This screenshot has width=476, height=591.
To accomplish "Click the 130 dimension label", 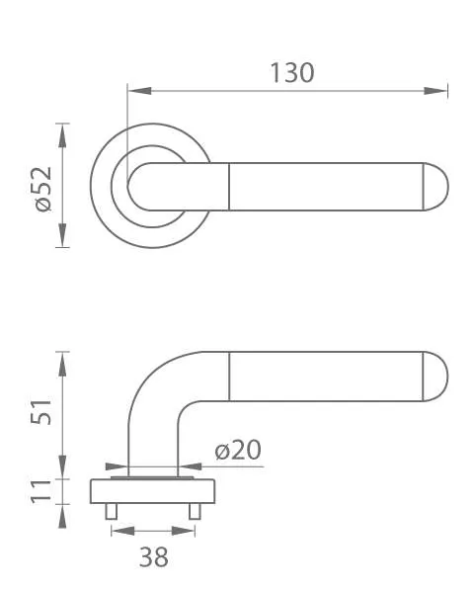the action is tap(292, 73).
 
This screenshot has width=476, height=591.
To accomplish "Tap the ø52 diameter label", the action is tap(42, 189).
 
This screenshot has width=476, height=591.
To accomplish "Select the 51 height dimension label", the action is tap(41, 411).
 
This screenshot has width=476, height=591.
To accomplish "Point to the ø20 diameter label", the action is tap(238, 450).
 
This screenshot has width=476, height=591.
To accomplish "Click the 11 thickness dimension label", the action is tap(40, 491).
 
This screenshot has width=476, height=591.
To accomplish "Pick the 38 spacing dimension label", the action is tap(154, 557).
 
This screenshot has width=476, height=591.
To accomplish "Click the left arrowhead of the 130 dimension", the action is tap(139, 91).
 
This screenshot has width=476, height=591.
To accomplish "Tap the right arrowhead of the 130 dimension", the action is tap(436, 91).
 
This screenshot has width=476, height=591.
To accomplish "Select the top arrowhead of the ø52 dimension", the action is tap(62, 135).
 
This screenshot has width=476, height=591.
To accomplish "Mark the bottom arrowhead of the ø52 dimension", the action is tap(62, 235).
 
